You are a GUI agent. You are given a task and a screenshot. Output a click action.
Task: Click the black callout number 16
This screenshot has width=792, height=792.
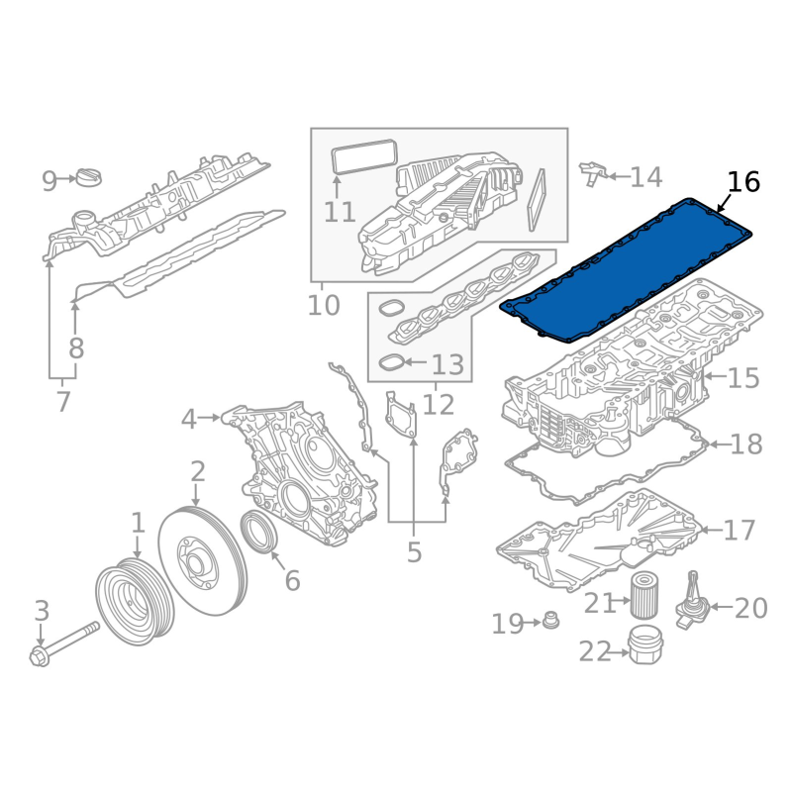pos(743,182)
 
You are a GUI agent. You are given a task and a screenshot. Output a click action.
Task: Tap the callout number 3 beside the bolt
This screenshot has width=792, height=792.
pos(42,610)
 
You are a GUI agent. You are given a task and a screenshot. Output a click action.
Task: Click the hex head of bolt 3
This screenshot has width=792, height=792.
pos(40,657)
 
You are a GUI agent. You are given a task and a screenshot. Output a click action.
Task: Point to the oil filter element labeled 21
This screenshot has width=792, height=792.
pos(643,594)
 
